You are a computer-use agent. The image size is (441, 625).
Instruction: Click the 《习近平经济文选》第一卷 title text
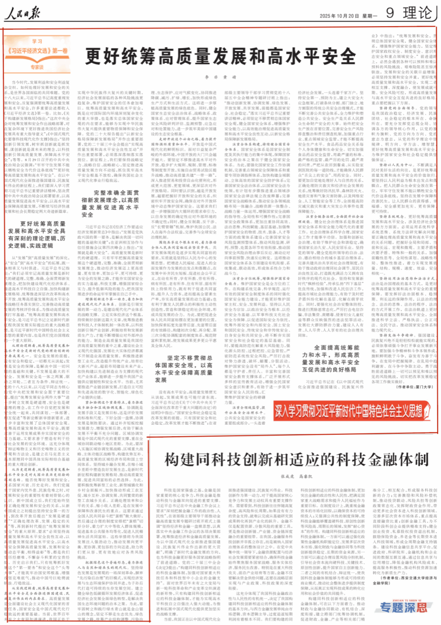37,51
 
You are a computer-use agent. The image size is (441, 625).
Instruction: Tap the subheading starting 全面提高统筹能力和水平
330,358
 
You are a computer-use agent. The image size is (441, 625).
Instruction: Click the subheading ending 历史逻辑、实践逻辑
37,235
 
